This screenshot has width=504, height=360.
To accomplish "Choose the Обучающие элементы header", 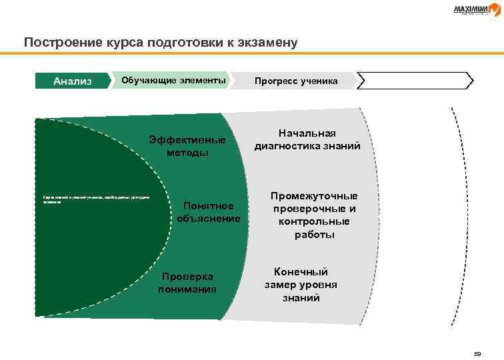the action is pyautogui.click(x=173, y=80).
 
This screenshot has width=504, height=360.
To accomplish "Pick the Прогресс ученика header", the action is pyautogui.click(x=295, y=81).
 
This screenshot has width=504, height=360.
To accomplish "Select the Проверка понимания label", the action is pyautogui.click(x=187, y=283).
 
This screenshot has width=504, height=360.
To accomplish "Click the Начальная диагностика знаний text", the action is pyautogui.click(x=307, y=140).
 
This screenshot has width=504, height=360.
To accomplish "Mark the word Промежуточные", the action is pyautogui.click(x=314, y=196).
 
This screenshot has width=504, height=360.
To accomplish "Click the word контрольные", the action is pyautogui.click(x=313, y=221).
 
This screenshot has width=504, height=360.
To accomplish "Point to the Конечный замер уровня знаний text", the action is pyautogui.click(x=301, y=285).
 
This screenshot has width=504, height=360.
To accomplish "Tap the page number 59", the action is pyautogui.click(x=477, y=353).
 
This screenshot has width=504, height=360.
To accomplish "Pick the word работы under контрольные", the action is pyautogui.click(x=313, y=235).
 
